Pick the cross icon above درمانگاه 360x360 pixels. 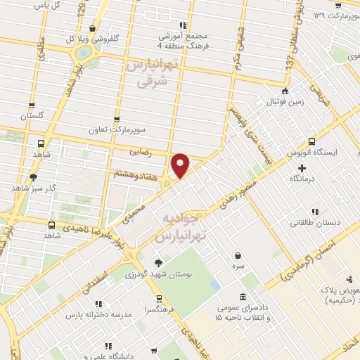[x=302, y=168]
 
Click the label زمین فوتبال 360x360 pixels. [x=285, y=103]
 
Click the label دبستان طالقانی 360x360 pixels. [x=316, y=223]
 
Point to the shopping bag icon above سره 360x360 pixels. [x=240, y=256]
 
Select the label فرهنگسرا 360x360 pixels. [x=155, y=307]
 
